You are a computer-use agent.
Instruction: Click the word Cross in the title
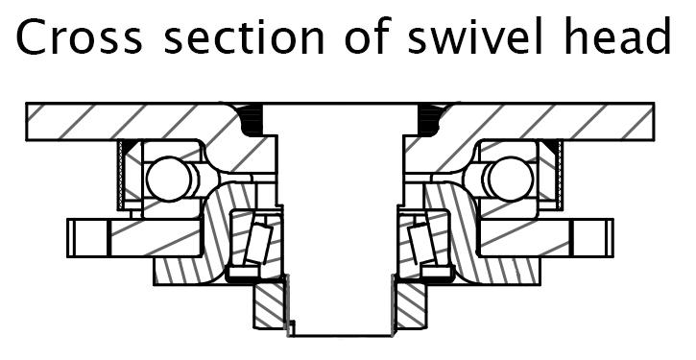click(80, 36)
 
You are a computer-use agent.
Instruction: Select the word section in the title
click(244, 36)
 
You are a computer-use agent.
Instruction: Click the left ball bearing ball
click(169, 179)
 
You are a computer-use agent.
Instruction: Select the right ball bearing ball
click(511, 179)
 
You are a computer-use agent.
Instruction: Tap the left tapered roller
click(259, 243)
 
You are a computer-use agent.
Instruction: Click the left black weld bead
click(252, 120)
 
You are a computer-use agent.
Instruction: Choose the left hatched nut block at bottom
click(269, 306)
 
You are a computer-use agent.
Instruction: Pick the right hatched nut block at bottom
click(411, 306)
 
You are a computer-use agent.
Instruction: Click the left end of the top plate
click(26, 122)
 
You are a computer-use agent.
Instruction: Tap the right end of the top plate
click(654, 122)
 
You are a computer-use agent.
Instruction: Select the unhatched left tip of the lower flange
click(87, 238)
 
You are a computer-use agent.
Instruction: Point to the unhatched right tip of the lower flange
click(592, 238)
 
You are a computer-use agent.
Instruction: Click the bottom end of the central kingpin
click(341, 335)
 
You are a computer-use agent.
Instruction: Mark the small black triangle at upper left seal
click(129, 145)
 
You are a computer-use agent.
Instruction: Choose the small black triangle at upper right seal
click(550, 145)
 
